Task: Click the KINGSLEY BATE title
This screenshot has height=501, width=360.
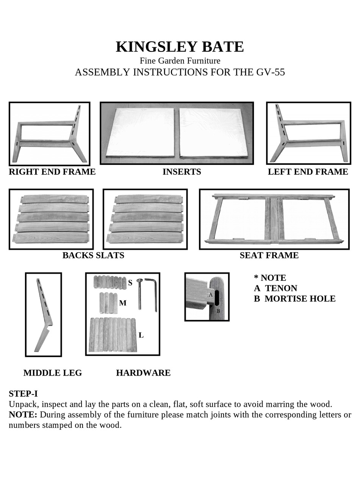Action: pyautogui.click(x=180, y=47)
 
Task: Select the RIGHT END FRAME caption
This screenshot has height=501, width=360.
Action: pyautogui.click(x=52, y=172)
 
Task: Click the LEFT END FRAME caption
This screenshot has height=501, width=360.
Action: pyautogui.click(x=308, y=172)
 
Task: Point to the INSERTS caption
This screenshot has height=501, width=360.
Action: pyautogui.click(x=182, y=172)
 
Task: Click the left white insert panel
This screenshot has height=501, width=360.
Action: pyautogui.click(x=141, y=133)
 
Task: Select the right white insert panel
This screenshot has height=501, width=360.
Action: pyautogui.click(x=213, y=133)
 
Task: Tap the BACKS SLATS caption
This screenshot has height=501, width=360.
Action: pyautogui.click(x=93, y=255)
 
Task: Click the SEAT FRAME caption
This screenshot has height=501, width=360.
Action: pyautogui.click(x=269, y=255)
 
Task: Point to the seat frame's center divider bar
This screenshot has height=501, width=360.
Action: pyautogui.click(x=274, y=219)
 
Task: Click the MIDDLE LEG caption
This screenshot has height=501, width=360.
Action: pyautogui.click(x=53, y=373)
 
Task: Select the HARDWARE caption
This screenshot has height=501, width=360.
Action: pyautogui.click(x=143, y=373)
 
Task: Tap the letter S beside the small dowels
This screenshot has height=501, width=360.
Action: pyautogui.click(x=130, y=283)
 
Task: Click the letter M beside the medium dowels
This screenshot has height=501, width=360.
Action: pyautogui.click(x=122, y=303)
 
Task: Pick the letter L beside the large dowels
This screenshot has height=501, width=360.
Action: pyautogui.click(x=141, y=335)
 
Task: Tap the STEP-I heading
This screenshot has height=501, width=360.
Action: pyautogui.click(x=23, y=393)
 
